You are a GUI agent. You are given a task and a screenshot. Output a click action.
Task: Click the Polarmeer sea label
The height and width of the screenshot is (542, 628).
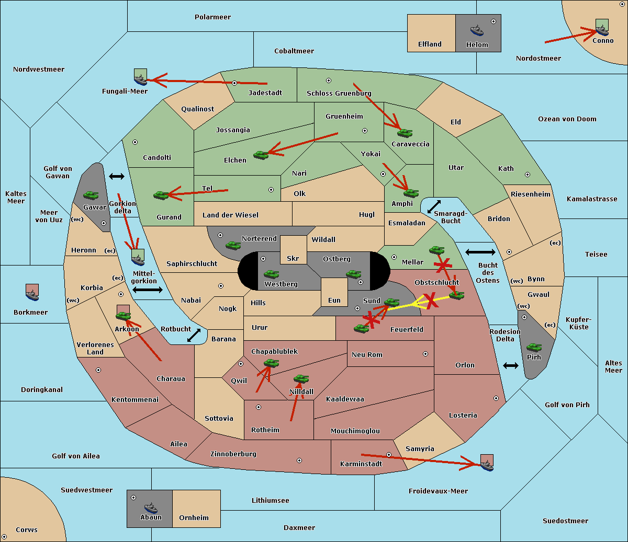212,17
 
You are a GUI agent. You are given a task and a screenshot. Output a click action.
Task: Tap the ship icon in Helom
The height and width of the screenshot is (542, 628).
477,30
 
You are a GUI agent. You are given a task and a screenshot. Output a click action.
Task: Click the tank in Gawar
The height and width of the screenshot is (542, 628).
91,195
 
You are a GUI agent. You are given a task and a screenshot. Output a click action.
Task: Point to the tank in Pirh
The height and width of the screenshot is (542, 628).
534,347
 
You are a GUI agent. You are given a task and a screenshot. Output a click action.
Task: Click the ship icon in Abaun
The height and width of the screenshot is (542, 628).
151,508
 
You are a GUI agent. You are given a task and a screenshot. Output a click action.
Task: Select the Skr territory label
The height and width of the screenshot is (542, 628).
293,258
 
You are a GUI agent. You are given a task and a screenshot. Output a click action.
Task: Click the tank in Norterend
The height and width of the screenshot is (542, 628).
233,245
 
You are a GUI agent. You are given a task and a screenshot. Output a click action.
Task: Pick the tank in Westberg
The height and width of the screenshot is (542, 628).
271,274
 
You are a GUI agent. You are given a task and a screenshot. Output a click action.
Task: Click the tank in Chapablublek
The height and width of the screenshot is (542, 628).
271,363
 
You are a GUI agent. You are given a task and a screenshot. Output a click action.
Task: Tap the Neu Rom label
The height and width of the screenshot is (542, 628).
367,354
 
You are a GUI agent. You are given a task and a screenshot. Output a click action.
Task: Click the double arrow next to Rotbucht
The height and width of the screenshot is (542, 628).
194,335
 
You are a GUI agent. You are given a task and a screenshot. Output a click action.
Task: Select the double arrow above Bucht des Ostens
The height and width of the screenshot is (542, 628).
480,252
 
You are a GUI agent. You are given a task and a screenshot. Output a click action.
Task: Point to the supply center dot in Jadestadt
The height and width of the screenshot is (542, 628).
234,83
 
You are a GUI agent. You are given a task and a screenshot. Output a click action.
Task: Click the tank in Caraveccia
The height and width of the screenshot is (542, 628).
405,133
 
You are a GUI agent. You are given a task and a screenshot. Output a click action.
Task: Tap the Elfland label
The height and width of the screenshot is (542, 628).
430,44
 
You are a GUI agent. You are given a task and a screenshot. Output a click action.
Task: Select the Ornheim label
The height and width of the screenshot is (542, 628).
194,517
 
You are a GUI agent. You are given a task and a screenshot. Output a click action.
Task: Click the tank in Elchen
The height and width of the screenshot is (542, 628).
261,155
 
